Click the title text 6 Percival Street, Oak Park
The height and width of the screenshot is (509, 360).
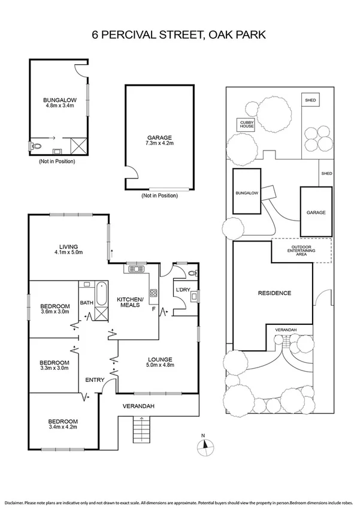(180, 35)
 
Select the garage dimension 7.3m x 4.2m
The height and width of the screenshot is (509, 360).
(159, 144)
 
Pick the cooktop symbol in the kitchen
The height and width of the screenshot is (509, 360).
(153, 294)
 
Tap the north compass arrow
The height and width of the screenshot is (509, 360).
(205, 444)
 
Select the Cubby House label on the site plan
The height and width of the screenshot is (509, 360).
(247, 124)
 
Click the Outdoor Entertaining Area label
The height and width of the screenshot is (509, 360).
(301, 250)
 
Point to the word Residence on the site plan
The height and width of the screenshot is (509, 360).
(274, 293)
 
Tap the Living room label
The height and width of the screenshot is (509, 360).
(70, 246)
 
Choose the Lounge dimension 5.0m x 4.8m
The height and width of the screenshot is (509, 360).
(159, 366)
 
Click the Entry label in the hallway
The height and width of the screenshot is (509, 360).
(95, 380)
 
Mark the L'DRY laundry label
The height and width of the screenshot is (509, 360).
(182, 290)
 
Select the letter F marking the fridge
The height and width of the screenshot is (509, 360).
(154, 310)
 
